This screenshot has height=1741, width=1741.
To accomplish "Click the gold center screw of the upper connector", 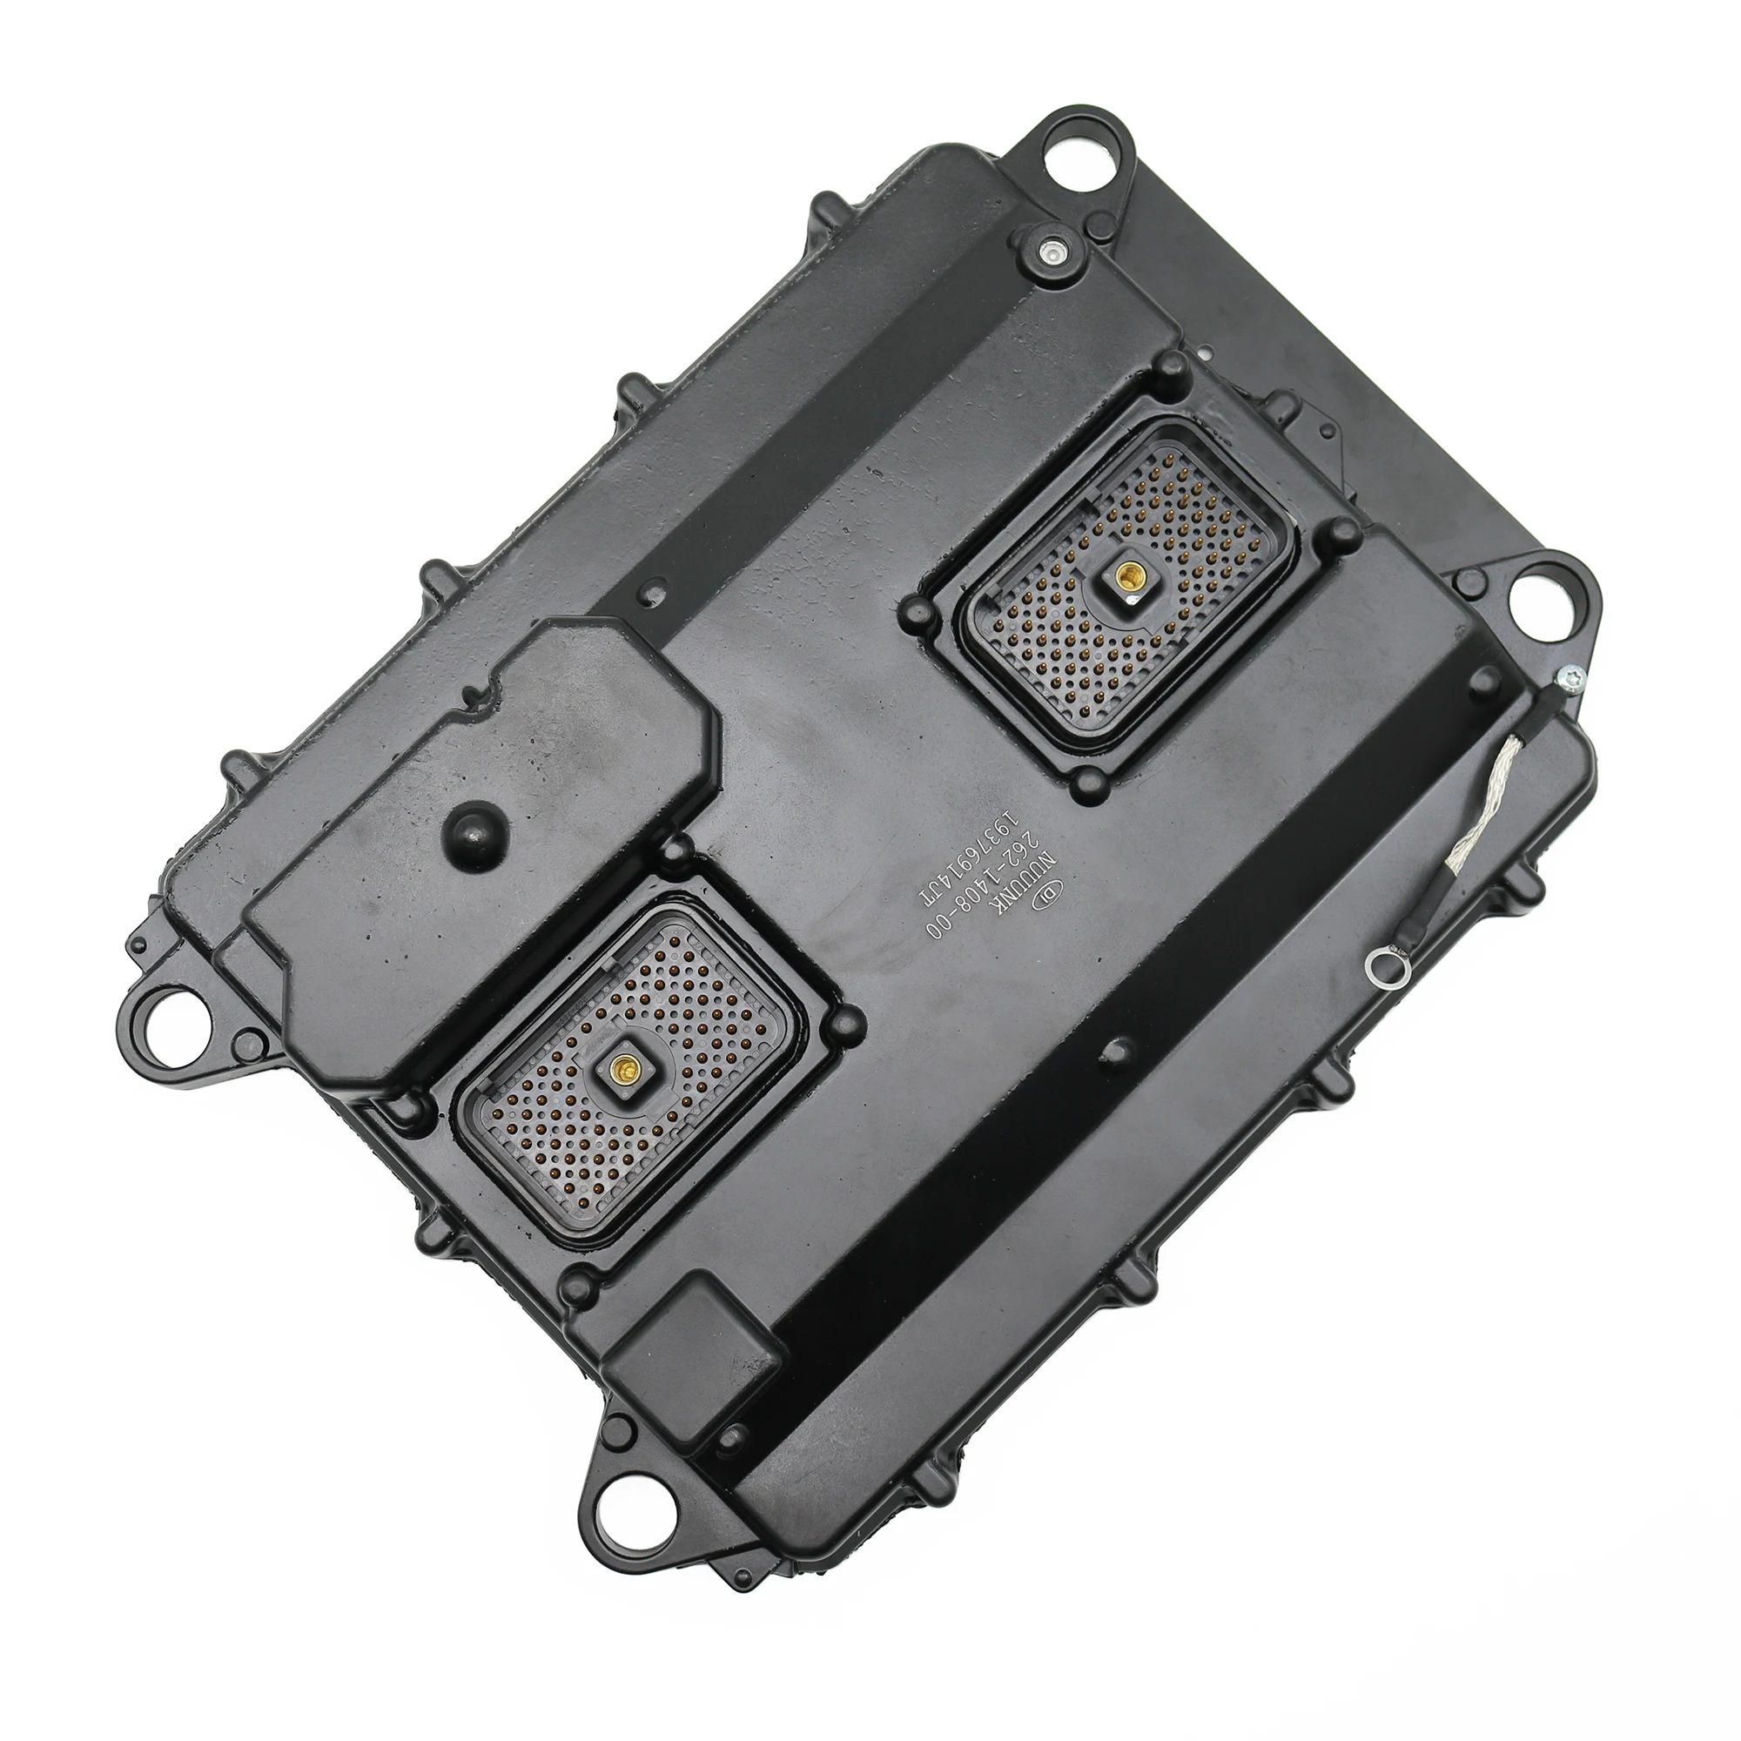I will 1125,573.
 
